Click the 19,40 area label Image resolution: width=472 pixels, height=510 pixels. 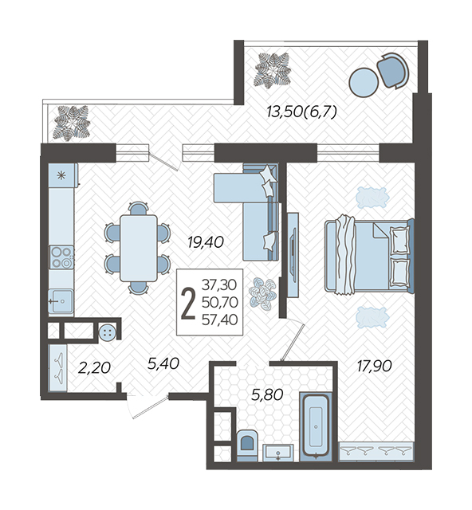206,242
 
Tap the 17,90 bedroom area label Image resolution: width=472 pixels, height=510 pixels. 375,367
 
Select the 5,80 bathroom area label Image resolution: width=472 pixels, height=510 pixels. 267,394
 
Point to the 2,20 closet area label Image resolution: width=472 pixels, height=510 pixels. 94,368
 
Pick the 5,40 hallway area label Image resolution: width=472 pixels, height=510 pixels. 163,363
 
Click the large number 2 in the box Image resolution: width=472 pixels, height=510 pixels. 188,304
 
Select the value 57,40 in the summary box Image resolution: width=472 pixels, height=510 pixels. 220,320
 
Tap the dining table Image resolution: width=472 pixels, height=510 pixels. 139,248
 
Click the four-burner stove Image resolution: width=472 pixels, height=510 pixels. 61,257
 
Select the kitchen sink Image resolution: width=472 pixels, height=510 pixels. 61,301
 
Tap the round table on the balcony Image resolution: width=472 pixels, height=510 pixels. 364,82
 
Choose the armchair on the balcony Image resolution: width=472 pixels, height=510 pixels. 392,70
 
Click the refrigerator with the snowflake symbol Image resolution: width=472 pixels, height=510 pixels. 63,175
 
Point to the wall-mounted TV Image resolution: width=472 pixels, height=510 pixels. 293,255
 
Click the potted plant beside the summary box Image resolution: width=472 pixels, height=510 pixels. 263,294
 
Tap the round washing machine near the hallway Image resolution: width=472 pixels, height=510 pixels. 108,332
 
